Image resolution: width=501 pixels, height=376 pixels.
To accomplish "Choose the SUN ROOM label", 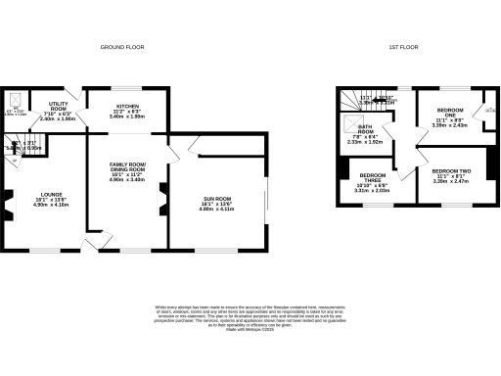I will [x=212, y=203].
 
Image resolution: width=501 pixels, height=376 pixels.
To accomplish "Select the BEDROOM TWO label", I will [x=451, y=174].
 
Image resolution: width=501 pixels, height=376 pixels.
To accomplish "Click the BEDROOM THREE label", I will [x=373, y=184].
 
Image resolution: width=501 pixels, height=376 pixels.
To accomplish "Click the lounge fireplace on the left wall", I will [x=7, y=208].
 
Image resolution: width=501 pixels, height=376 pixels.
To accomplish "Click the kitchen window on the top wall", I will [x=127, y=87].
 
